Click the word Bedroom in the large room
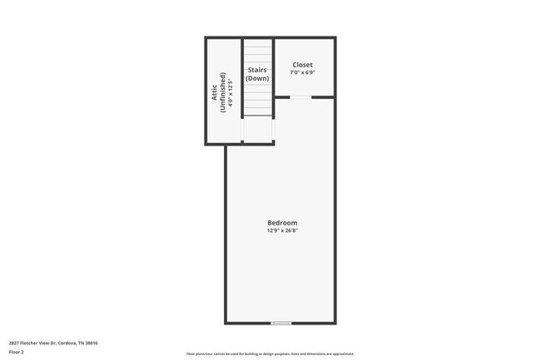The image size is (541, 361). [282, 223]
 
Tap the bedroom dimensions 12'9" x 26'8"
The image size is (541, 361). [282, 231]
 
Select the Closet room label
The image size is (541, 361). [301, 65]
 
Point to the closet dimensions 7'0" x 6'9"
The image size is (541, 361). [302, 73]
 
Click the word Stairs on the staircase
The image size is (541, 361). [257, 70]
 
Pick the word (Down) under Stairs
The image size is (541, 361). [257, 78]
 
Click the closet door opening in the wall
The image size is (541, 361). [300, 97]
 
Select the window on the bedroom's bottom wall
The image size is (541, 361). [281, 323]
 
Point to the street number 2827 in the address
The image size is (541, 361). [15, 342]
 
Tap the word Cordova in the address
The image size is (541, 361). [74, 342]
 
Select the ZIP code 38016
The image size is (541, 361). [104, 342]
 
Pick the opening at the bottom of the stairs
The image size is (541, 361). [258, 142]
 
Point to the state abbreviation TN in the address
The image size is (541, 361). [91, 342]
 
